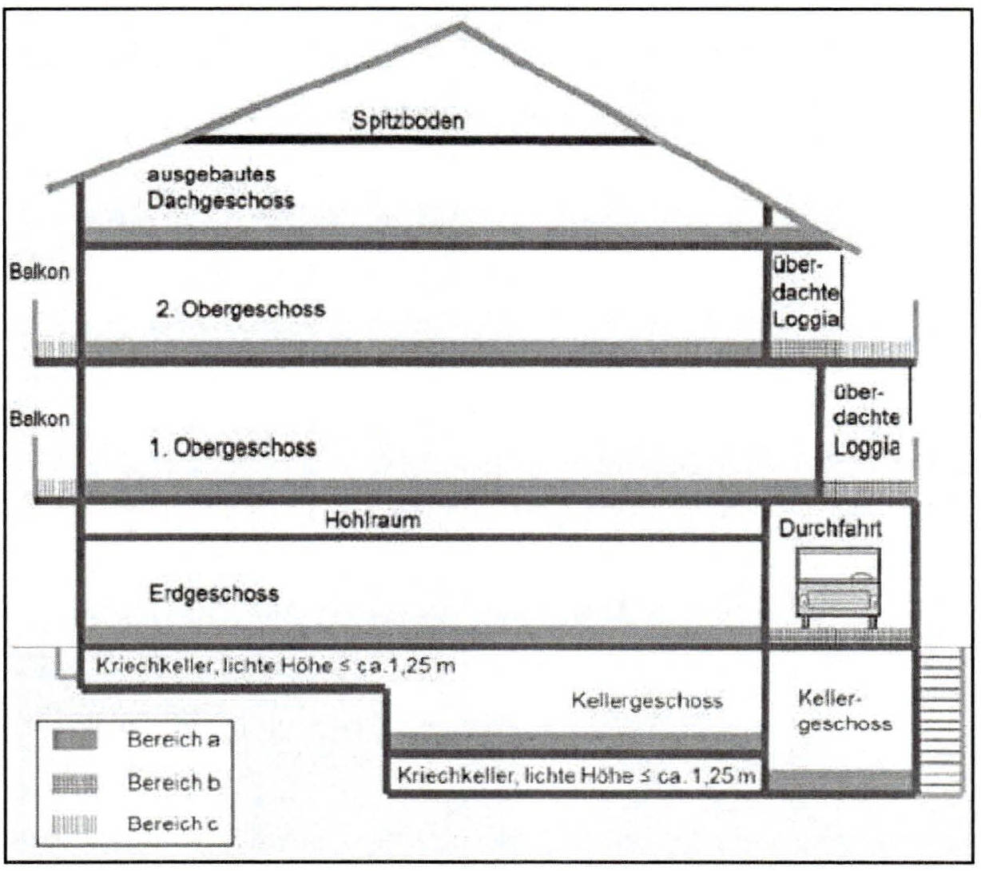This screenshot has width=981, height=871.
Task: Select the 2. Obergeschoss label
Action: pyautogui.click(x=241, y=308)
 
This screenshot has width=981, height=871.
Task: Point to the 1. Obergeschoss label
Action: pyautogui.click(x=233, y=447)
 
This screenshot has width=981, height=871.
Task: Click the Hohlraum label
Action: pyautogui.click(x=373, y=519)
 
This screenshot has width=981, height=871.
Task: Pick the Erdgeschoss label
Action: pyautogui.click(x=213, y=594)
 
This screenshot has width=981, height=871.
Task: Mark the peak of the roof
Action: pyautogui.click(x=460, y=25)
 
